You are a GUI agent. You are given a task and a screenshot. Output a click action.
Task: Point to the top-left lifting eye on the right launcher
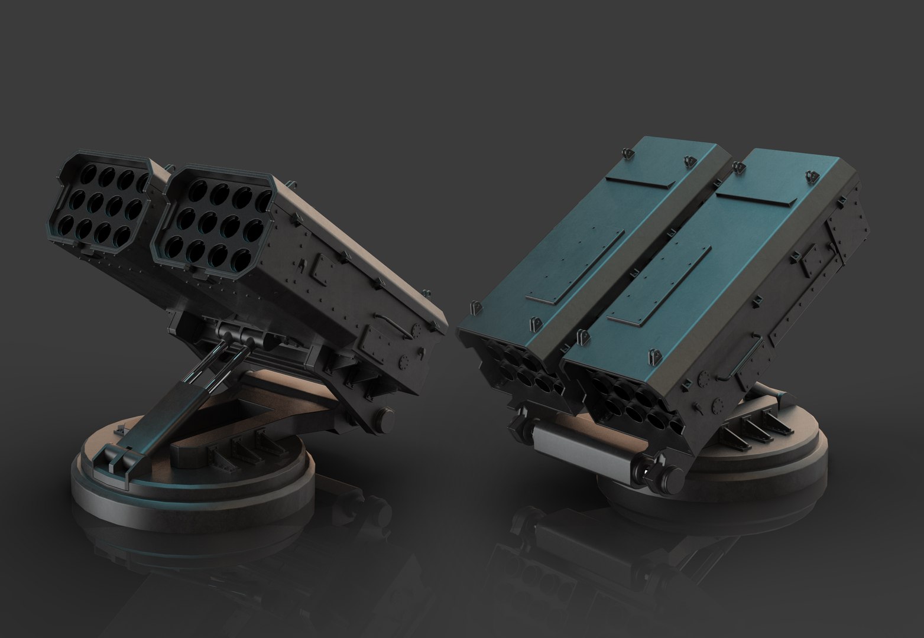(628, 153)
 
